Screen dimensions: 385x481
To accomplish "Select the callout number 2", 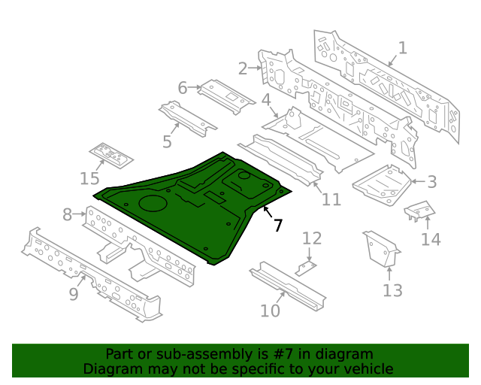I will coord(243,68).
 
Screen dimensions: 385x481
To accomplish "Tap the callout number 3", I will coord(431,181).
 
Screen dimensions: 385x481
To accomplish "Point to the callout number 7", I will coord(277,225).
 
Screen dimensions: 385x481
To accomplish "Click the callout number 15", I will coord(89,178).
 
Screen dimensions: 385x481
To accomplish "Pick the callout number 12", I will coord(312,238).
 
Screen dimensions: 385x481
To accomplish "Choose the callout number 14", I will coord(431,239).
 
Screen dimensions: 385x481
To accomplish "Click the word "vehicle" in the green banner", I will coord(367,369).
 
